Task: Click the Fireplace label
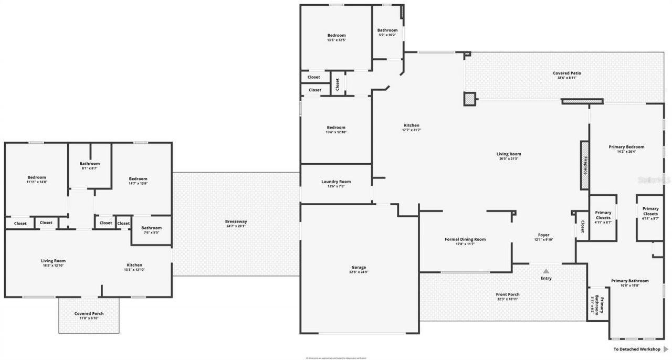pyautogui.click(x=584, y=165)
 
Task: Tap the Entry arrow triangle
pyautogui.click(x=546, y=271)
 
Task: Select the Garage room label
pyautogui.click(x=359, y=267)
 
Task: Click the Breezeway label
pyautogui.click(x=236, y=221)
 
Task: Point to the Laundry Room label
pyautogui.click(x=336, y=182)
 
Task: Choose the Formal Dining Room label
pyautogui.click(x=465, y=239)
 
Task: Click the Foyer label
pyautogui.click(x=543, y=235)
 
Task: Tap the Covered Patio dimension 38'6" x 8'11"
pyautogui.click(x=567, y=78)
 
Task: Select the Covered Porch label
pyautogui.click(x=89, y=313)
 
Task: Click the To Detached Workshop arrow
pyautogui.click(x=666, y=349)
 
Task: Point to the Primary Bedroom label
pyautogui.click(x=626, y=147)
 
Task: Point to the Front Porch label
pyautogui.click(x=508, y=294)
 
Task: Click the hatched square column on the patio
pyautogui.click(x=469, y=99)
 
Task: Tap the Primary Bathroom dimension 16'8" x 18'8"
pyautogui.click(x=629, y=285)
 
